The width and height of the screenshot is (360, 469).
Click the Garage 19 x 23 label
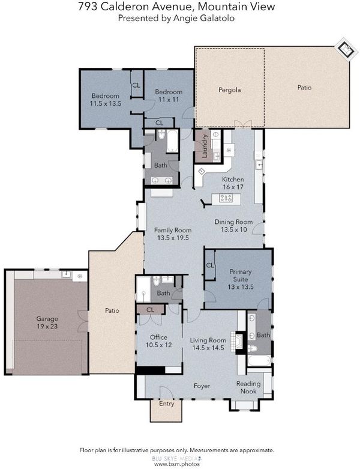point(47,322)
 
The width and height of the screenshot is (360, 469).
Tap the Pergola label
point(229,89)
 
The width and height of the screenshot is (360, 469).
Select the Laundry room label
point(205,147)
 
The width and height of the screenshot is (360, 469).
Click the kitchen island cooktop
point(226,198)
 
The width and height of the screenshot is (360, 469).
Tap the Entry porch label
point(166,404)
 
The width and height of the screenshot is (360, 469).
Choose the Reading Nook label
point(248,387)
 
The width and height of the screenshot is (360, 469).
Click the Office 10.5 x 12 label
point(158,341)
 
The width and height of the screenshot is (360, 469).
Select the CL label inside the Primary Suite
point(210,265)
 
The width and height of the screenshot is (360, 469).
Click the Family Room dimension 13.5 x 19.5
point(173,238)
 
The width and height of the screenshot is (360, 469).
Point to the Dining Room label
point(233,222)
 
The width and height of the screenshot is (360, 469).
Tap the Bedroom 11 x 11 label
point(169,95)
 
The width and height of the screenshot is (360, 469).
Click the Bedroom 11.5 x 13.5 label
point(106,100)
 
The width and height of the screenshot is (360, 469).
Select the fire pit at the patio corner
point(346,49)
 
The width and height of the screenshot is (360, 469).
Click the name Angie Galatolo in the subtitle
point(205,18)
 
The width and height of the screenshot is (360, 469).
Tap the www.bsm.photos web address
point(177,464)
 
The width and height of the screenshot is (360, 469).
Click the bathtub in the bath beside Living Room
point(259,361)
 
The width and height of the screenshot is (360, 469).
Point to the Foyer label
point(202,386)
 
